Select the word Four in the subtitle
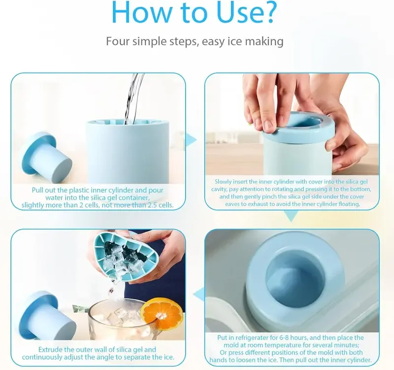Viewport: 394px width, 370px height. [118, 41]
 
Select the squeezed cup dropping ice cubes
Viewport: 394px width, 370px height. [123, 256]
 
